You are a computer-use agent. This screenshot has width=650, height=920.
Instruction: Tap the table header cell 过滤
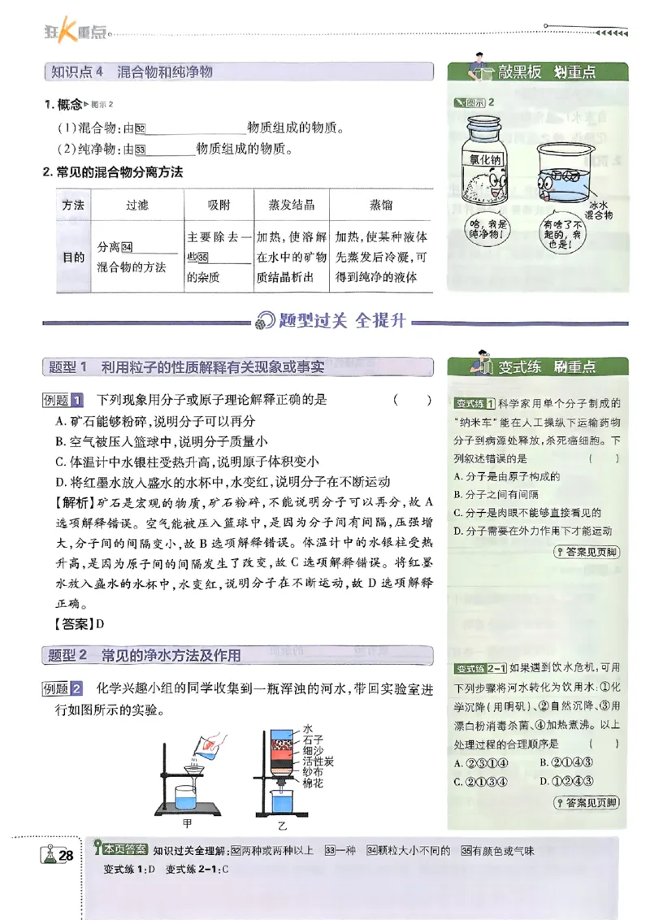(137, 205)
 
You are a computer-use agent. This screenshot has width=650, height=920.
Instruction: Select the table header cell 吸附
(219, 205)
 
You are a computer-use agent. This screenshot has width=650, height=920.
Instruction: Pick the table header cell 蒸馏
(381, 205)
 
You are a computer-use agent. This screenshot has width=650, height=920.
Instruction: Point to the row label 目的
(73, 257)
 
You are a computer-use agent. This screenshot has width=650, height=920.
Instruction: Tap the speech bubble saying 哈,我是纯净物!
(488, 228)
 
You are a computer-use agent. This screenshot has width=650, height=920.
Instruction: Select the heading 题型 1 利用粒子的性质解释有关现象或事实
(186, 367)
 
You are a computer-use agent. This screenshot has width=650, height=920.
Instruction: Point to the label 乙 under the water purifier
(282, 826)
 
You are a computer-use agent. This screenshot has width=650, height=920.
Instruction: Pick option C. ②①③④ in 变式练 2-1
(481, 782)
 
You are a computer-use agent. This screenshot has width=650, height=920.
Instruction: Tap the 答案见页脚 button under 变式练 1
(585, 553)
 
